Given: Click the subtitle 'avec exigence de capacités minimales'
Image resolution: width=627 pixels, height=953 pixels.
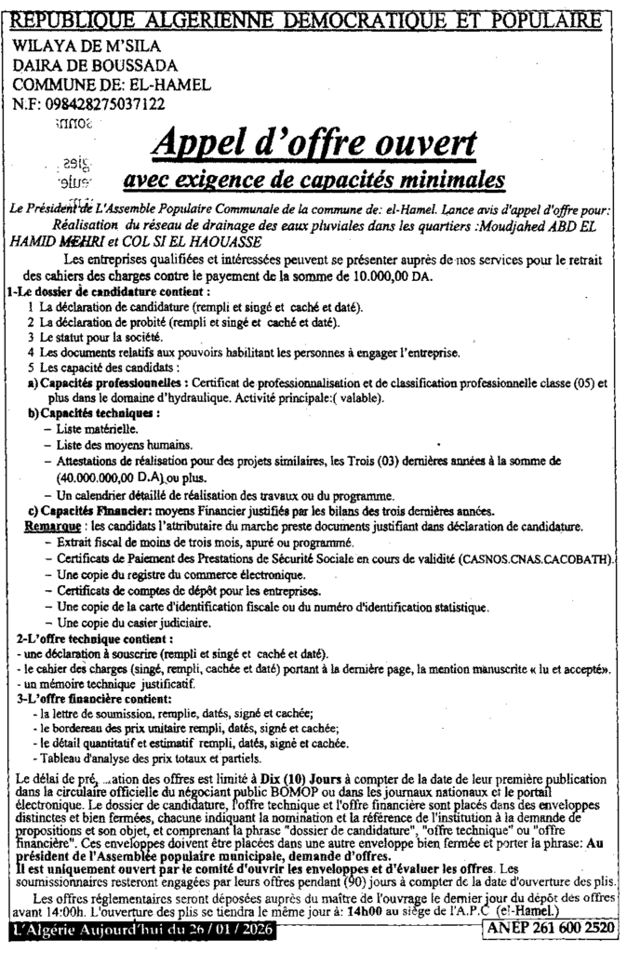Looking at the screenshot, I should (x=313, y=177).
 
